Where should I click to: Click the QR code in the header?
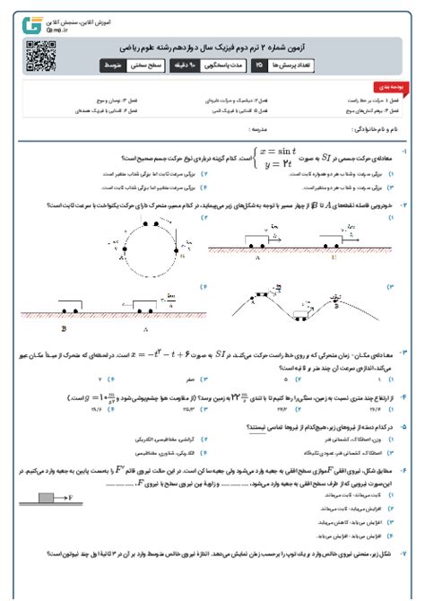(x=33, y=49)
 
